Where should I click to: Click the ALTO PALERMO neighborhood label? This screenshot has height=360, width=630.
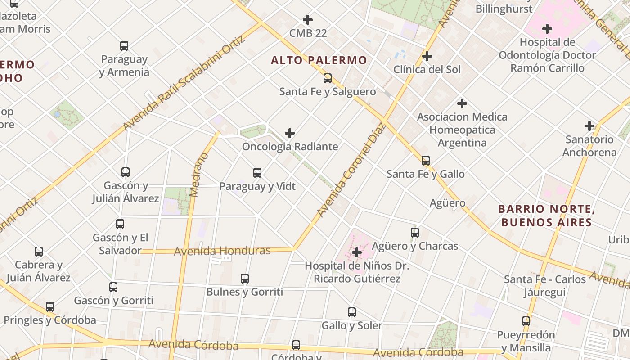point(319,60)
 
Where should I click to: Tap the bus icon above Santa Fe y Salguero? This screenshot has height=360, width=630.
point(328,78)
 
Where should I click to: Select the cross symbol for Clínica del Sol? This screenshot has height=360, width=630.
point(427,56)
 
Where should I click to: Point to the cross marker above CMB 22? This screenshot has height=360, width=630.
point(308,20)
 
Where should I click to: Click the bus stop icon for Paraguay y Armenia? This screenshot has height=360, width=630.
point(124,46)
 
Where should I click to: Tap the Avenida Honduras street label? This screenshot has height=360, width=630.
point(222,251)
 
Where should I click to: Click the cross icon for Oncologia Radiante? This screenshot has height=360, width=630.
point(290,133)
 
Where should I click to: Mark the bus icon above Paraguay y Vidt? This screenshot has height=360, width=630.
point(257,173)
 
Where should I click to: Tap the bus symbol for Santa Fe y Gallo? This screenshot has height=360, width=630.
point(426,161)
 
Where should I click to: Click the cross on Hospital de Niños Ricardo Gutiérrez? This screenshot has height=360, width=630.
point(357,252)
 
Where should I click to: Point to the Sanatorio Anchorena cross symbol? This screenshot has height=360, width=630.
point(589,126)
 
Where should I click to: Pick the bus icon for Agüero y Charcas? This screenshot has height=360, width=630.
point(415,233)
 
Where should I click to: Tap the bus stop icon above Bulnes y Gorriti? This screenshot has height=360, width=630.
point(245,279)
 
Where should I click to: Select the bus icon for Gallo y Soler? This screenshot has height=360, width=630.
point(352,312)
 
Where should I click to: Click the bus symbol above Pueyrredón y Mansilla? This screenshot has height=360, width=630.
point(526,321)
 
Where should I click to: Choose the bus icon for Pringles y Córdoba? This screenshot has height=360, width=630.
point(50,307)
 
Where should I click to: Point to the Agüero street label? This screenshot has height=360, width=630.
point(447,203)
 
